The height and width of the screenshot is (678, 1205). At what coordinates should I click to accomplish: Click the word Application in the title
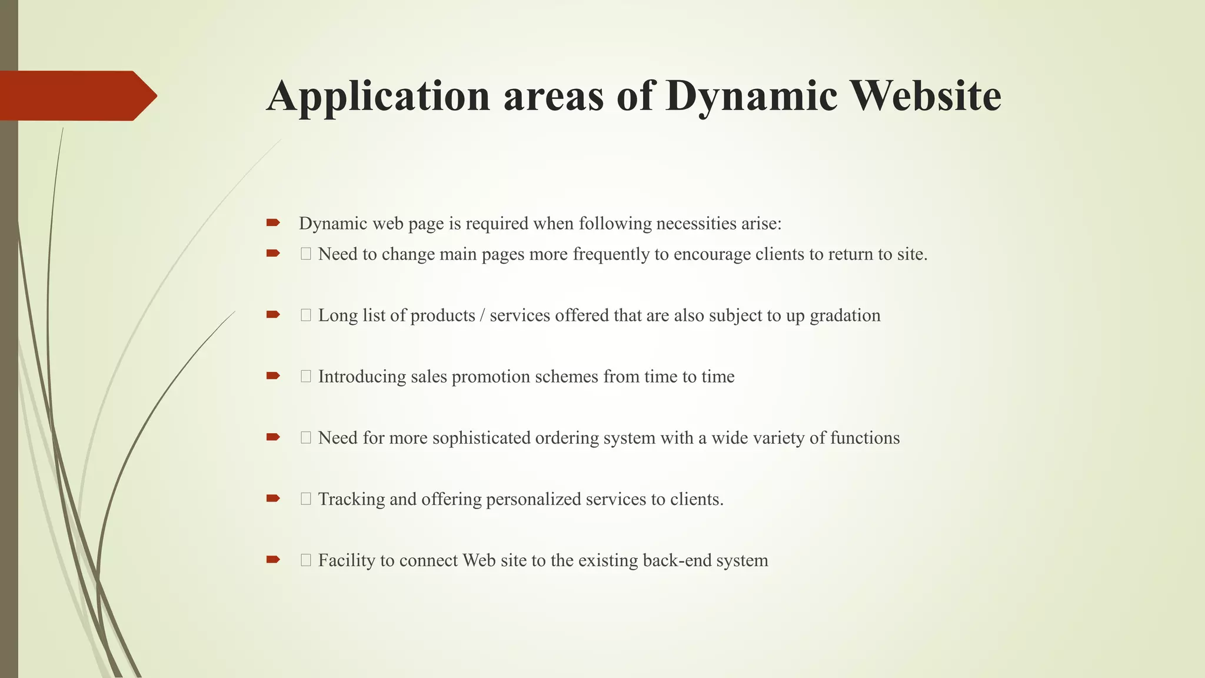coord(378,96)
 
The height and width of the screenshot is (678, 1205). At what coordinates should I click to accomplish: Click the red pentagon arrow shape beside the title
coord(78,96)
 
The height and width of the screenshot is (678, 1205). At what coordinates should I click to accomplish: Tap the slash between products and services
coord(482,315)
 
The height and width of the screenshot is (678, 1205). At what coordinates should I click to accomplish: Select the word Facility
coord(347,560)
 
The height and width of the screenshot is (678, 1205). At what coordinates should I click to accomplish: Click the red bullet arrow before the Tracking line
coord(273,498)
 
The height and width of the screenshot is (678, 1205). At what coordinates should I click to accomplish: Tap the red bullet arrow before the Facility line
coord(273,560)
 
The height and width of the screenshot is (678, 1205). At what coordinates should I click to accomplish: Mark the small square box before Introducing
coord(306,377)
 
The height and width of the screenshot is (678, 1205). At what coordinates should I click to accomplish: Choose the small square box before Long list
coord(306,315)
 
